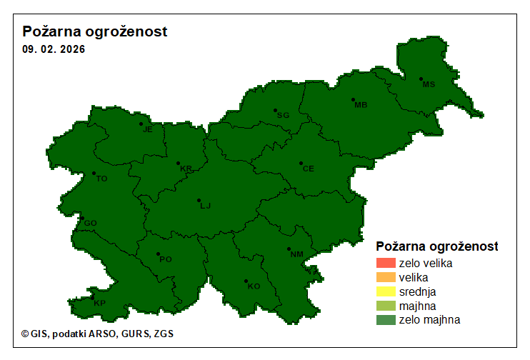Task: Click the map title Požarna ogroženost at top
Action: pyautogui.click(x=95, y=32)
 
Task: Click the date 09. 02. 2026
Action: pyautogui.click(x=54, y=50)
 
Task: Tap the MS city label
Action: pyautogui.click(x=429, y=84)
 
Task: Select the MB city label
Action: pyautogui.click(x=361, y=105)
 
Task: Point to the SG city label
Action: pyautogui.click(x=284, y=115)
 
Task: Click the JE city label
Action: pyautogui.click(x=148, y=129)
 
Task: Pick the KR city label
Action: pyautogui.click(x=186, y=169)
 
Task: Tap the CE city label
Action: pyautogui.click(x=308, y=169)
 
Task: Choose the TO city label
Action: pyautogui.click(x=101, y=179)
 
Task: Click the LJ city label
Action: pyautogui.click(x=206, y=206)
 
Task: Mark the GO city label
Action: pyautogui.click(x=90, y=224)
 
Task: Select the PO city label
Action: pyautogui.click(x=166, y=259)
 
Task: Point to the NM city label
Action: pyautogui.click(x=297, y=254)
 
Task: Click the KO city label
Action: pyautogui.click(x=254, y=286)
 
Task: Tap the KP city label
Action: pyautogui.click(x=100, y=304)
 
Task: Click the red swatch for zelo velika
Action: pyautogui.click(x=385, y=263)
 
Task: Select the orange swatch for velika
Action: pyautogui.click(x=385, y=277)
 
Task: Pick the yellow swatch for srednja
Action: pyautogui.click(x=385, y=291)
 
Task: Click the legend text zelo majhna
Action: pyautogui.click(x=429, y=320)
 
